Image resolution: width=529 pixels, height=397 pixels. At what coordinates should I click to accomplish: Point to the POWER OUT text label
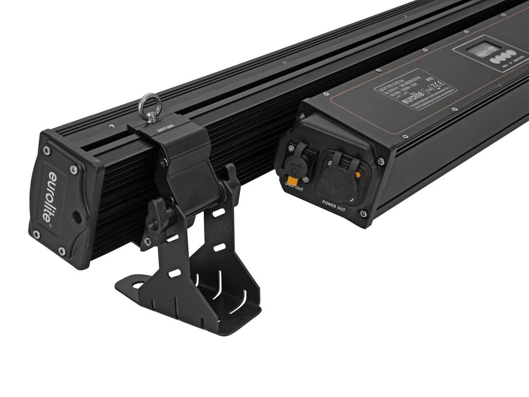coord(333,206)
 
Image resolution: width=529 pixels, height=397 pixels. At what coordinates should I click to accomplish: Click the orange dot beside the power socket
coord(358,176)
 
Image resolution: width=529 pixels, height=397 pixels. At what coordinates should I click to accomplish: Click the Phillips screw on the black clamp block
coord(163,162)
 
